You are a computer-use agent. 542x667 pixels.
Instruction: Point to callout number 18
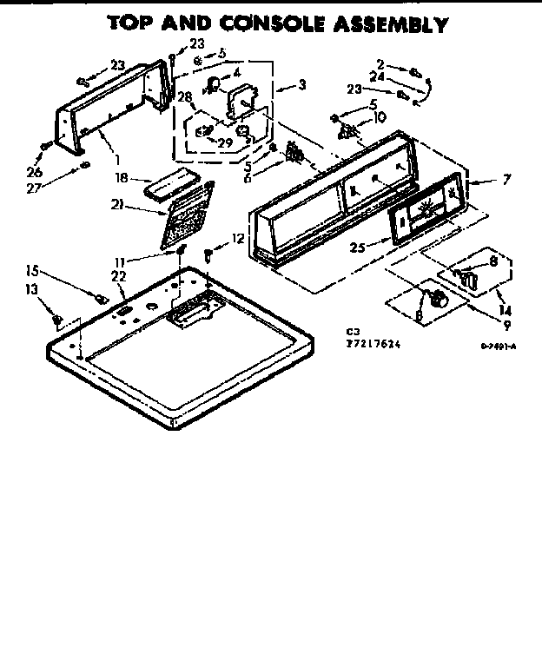122,177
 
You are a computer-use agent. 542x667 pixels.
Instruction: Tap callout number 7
506,180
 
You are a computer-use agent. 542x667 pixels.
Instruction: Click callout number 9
505,326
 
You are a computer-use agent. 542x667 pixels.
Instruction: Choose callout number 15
32,270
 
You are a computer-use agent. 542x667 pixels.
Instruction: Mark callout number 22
119,275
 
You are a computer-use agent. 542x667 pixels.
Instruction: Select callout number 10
380,117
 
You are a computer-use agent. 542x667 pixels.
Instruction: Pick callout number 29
224,142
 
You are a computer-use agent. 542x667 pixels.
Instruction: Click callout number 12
237,238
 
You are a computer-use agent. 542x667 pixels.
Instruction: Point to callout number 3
301,84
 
